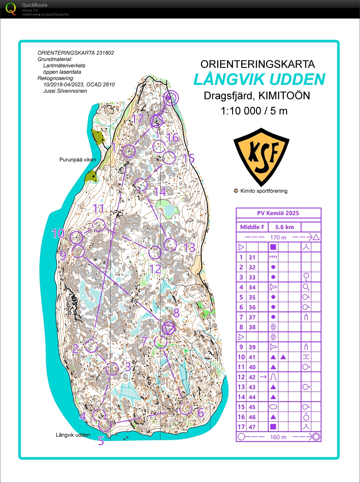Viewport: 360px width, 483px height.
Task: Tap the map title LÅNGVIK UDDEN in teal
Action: (x=259, y=79)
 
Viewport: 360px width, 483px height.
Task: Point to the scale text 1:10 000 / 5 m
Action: (x=254, y=111)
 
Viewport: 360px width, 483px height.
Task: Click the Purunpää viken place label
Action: (x=78, y=160)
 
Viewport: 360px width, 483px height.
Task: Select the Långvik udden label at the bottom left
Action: (x=73, y=435)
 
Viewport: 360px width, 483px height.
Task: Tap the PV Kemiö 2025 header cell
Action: (x=278, y=213)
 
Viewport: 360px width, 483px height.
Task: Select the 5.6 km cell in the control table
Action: (x=284, y=227)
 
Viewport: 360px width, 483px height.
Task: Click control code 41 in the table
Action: (x=252, y=357)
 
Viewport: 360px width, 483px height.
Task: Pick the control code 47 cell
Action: (x=252, y=427)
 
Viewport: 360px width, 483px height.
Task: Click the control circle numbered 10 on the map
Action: (x=76, y=237)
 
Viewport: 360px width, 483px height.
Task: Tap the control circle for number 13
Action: (x=170, y=244)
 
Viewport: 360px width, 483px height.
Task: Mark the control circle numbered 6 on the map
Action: (x=185, y=408)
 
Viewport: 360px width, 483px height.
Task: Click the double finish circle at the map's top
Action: (x=171, y=98)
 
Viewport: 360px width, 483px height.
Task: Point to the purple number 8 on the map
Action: (x=176, y=313)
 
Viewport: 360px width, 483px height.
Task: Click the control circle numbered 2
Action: (x=91, y=346)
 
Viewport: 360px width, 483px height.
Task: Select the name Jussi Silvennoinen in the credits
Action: (x=65, y=91)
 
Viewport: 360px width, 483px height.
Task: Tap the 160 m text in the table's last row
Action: (x=278, y=437)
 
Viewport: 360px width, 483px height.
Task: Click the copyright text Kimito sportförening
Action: (x=264, y=191)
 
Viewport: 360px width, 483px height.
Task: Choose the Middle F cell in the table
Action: (x=252, y=227)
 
